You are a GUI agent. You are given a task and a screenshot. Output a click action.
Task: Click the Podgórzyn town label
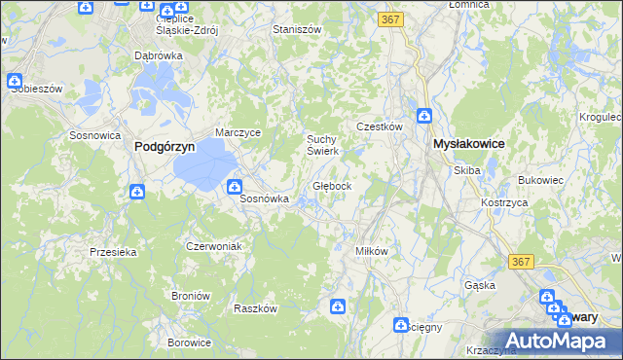pos(164,145)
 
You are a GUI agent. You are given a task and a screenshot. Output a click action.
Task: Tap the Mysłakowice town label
pos(468,143)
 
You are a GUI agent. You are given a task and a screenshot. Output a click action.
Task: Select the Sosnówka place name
pos(265,198)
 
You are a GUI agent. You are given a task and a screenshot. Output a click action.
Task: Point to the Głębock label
pos(340,185)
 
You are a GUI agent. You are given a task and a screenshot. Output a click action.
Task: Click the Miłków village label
pos(372,250)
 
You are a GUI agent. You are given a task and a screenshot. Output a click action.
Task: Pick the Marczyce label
pos(238,133)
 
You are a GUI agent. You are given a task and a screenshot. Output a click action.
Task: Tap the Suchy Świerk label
pos(322,144)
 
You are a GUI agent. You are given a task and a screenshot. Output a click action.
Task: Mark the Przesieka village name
pos(113,251)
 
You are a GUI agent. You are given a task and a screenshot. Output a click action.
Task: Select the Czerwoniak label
pos(213,246)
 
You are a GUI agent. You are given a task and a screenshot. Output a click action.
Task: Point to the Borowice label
pos(189,342)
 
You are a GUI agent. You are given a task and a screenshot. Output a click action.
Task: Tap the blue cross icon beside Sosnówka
pos(235,187)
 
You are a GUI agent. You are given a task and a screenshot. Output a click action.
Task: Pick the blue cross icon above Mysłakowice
pos(424,117)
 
